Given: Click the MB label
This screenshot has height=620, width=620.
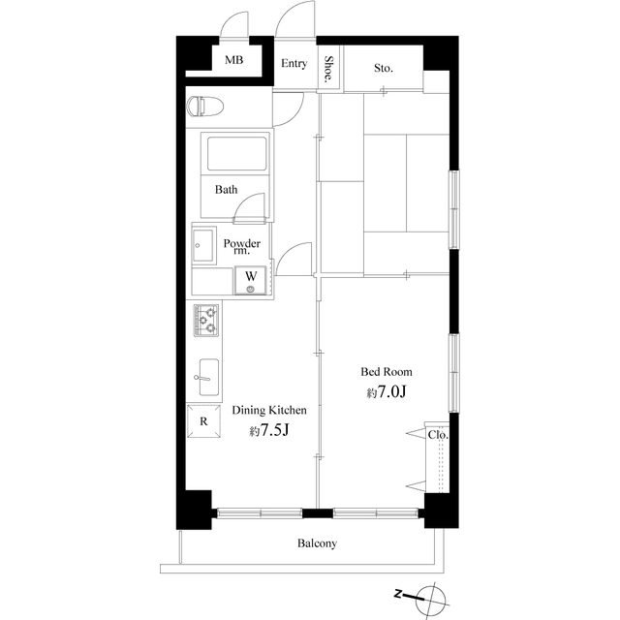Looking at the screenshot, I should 233,61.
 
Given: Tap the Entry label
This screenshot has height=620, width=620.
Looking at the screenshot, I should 294,65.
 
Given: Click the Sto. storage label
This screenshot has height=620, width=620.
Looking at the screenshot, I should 384,68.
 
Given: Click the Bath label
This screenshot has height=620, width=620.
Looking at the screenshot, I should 226,190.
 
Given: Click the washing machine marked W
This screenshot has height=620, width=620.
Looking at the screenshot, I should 250,281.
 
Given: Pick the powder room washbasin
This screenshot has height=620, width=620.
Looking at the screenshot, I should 204,247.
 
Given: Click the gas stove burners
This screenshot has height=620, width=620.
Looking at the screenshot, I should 206,320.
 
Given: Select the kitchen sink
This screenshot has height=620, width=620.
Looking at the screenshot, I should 205,377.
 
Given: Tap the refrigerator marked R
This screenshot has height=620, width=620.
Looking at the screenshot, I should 203,421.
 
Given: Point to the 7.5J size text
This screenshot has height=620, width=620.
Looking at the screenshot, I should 270,431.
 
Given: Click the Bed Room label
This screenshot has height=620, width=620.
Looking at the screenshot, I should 387,372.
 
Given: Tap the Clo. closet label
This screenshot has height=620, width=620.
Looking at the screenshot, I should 437,435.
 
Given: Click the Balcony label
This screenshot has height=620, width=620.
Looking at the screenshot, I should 316,543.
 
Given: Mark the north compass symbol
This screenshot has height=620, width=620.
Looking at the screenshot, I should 430,596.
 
